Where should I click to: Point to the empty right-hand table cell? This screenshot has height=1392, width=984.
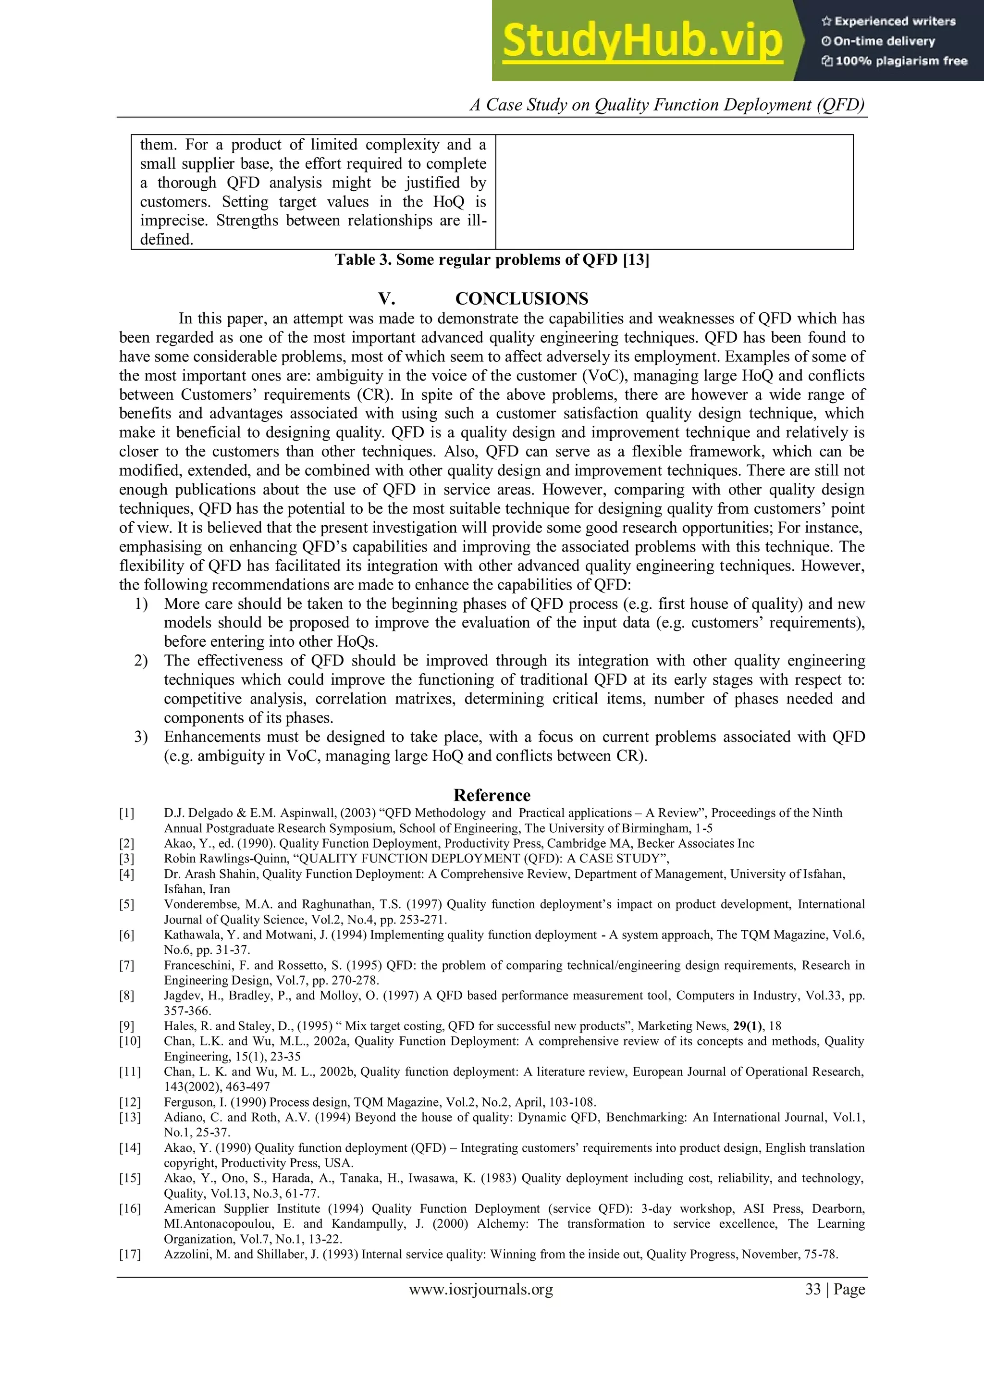point(674,192)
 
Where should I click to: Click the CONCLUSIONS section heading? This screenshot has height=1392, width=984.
point(521,299)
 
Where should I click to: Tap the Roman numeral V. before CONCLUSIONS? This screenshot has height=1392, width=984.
point(387,299)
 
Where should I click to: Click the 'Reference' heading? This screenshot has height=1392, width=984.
point(492,795)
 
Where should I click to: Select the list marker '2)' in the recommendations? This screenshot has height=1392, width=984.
point(141,661)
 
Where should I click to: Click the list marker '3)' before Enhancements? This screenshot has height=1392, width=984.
point(141,737)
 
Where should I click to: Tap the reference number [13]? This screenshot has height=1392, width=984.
point(129,1117)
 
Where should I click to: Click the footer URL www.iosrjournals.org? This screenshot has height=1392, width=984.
point(481,1290)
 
